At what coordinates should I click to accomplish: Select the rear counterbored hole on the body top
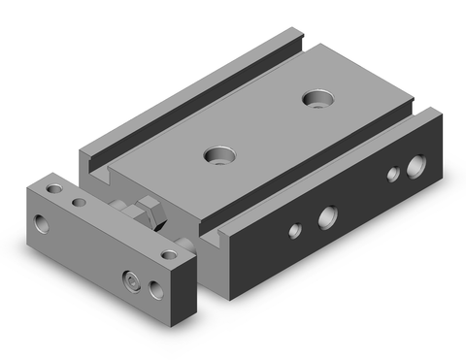click(x=317, y=98)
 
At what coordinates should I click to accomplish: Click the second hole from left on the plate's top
click(x=79, y=204)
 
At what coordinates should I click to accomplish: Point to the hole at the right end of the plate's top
click(x=171, y=253)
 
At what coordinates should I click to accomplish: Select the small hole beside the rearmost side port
click(x=393, y=175)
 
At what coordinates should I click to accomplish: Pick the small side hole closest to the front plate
click(x=292, y=233)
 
